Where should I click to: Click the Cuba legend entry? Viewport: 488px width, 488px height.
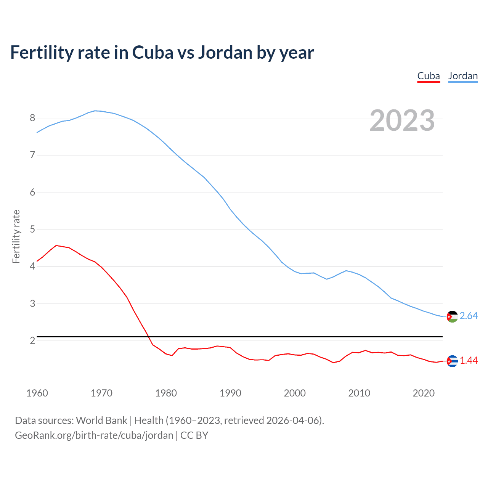(429, 76)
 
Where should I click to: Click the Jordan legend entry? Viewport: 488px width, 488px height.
(463, 76)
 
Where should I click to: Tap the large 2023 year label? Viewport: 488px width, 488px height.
(402, 120)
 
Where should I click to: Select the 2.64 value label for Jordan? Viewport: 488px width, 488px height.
(469, 316)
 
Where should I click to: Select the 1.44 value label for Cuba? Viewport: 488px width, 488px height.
(469, 361)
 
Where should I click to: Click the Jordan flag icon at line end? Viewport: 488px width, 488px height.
(452, 316)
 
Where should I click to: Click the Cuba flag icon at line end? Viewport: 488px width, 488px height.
(452, 361)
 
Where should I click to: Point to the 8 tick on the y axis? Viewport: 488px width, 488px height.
(32, 118)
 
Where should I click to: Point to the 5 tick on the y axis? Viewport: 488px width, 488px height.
(32, 229)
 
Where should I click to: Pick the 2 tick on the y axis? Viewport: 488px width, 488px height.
(32, 340)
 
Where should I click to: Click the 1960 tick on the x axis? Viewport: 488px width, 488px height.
(37, 393)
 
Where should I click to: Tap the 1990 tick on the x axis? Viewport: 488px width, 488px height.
(230, 393)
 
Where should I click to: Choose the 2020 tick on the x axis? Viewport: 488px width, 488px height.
(424, 393)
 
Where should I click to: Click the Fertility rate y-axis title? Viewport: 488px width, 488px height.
(16, 236)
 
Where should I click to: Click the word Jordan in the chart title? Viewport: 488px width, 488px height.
(225, 53)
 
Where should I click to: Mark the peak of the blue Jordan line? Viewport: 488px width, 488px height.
(95, 111)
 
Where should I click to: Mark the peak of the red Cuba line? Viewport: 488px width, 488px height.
(56, 246)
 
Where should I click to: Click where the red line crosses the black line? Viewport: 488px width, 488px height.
(149, 337)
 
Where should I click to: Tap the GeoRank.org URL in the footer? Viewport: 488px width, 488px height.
(94, 435)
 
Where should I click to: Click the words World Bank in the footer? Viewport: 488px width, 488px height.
(101, 421)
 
